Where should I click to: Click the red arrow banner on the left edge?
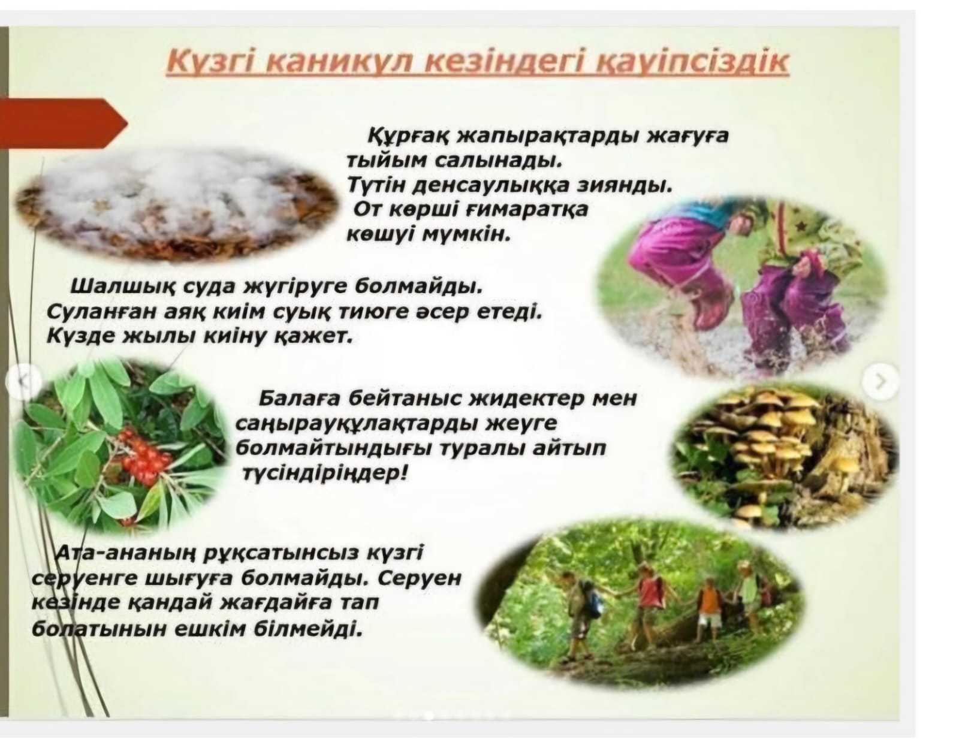pyautogui.click(x=63, y=123)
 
